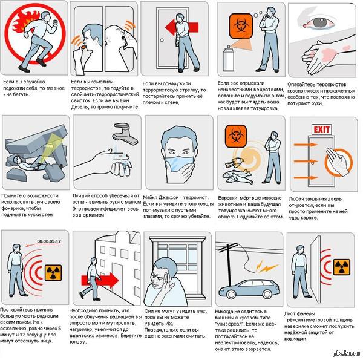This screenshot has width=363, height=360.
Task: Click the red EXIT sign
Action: [322, 129]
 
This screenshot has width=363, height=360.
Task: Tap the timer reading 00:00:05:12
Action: [49, 241]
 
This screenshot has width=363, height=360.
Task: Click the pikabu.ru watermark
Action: [346, 353]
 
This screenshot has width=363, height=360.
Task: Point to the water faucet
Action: [125, 134]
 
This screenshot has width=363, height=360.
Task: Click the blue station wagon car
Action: [249, 288]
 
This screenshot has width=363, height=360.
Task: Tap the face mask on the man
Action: [178, 164]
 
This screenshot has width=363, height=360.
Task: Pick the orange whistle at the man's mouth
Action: [82, 47]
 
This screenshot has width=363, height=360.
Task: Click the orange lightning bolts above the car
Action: [266, 267]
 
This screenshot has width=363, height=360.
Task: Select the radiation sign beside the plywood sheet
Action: [341, 267]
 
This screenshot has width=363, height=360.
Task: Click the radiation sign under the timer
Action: [53, 273]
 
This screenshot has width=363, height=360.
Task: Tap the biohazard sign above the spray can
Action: [241, 25]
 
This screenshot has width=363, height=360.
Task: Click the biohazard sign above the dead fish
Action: [235, 136]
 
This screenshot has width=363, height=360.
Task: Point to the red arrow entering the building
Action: [100, 280]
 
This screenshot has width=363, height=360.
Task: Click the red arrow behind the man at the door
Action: [182, 27]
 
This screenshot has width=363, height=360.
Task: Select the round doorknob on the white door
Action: [162, 40]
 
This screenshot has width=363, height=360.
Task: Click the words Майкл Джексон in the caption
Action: [161, 198]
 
